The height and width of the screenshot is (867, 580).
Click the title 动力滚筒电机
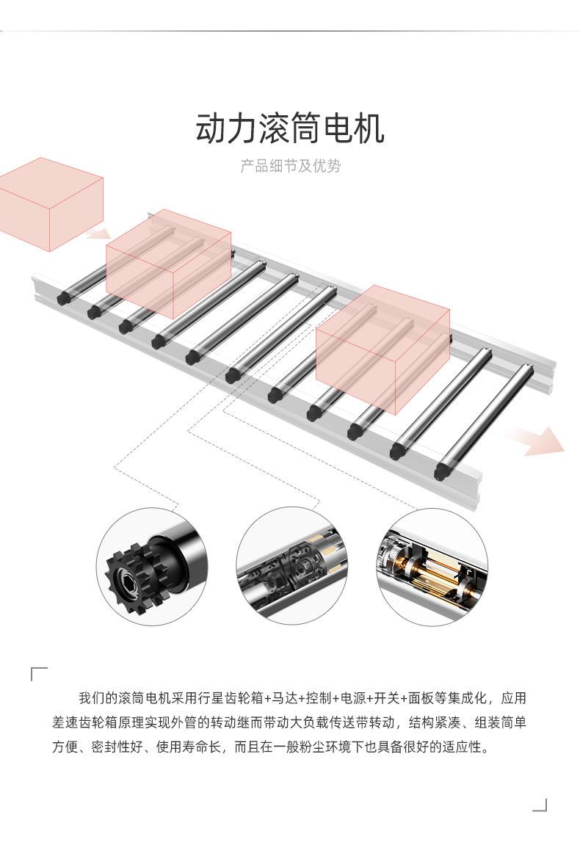(x=290, y=128)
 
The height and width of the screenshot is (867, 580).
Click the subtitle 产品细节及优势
(x=290, y=166)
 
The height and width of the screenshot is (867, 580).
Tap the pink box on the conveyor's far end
(x=382, y=345)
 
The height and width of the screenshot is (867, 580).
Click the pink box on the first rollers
(x=168, y=261)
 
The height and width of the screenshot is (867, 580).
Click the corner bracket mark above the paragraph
(x=39, y=674)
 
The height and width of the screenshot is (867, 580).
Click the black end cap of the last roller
(x=441, y=471)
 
